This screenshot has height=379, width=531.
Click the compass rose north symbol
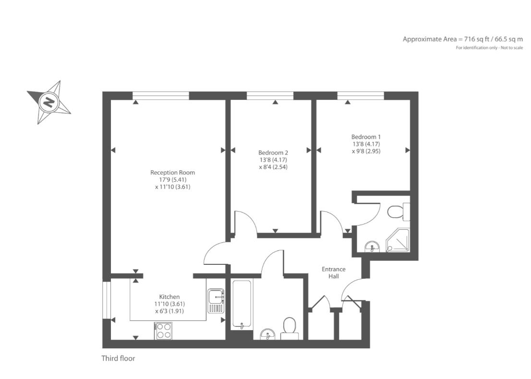click(x=48, y=102)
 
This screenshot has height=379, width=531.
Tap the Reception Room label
click(x=172, y=172)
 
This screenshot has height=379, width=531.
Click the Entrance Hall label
click(x=333, y=272)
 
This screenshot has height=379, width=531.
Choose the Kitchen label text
click(x=169, y=297)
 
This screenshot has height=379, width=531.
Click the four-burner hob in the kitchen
click(x=164, y=331)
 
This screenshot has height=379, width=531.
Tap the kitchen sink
click(x=216, y=301)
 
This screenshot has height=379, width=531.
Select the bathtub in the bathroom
click(x=241, y=305)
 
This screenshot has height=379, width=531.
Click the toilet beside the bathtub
click(x=289, y=328)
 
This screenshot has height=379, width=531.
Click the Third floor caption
click(x=118, y=358)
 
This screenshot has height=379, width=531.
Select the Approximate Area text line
click(x=462, y=39)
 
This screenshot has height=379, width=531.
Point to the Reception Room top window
click(x=160, y=95)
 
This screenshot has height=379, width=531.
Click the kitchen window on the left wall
click(x=107, y=300)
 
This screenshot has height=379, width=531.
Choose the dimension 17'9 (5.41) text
click(x=172, y=180)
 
